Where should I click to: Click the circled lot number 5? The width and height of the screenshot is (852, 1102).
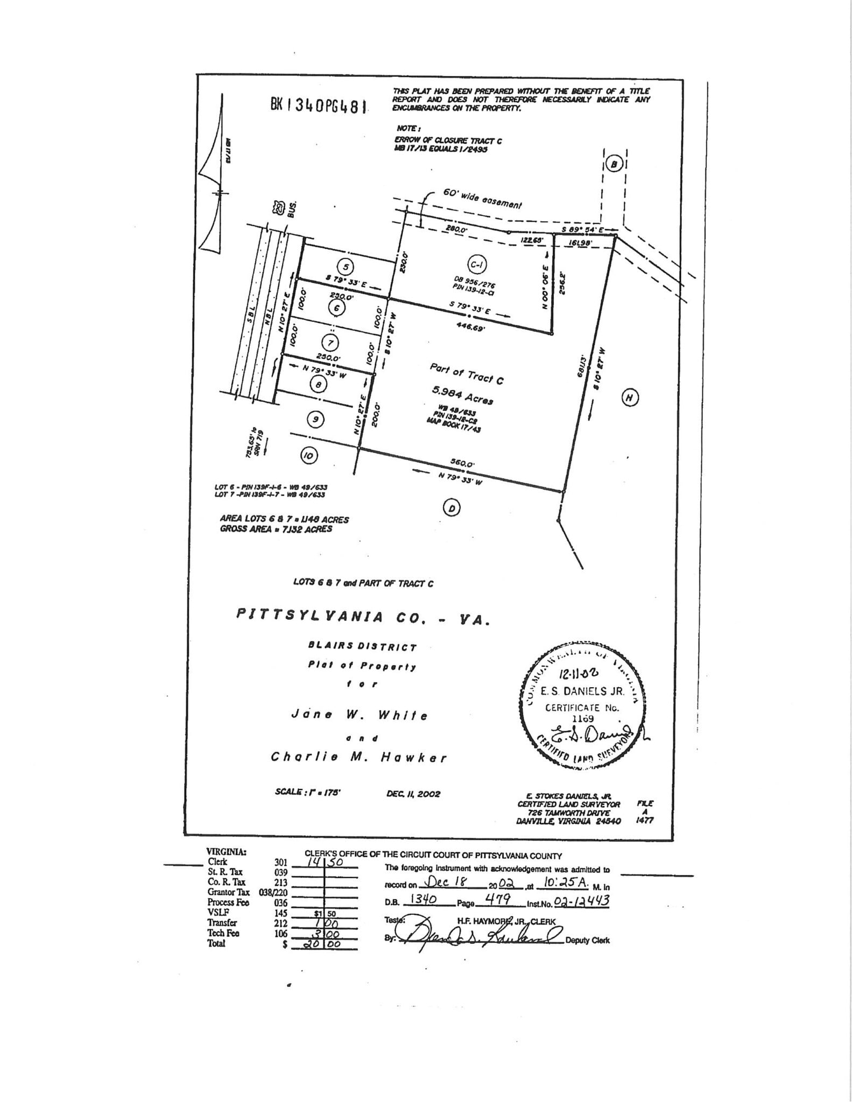pyautogui.click(x=347, y=267)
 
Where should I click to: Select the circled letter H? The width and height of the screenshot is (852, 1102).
pyautogui.click(x=630, y=398)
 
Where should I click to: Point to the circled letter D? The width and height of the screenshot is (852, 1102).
pyautogui.click(x=452, y=507)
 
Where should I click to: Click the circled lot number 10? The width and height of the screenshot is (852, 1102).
pyautogui.click(x=308, y=456)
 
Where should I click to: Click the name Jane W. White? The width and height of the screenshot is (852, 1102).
pyautogui.click(x=359, y=715)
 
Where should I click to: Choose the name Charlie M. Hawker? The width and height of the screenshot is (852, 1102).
pyautogui.click(x=358, y=757)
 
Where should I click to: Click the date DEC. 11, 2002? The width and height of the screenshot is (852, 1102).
pyautogui.click(x=413, y=794)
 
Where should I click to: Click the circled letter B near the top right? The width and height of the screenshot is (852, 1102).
pyautogui.click(x=614, y=164)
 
